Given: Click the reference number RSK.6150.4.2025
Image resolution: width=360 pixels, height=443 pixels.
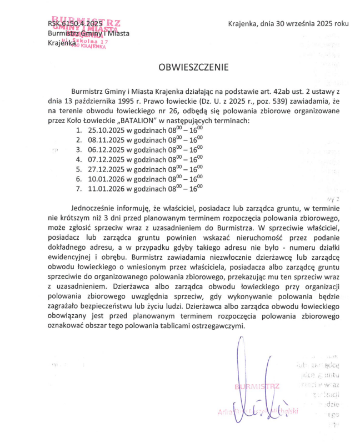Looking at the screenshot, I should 75,24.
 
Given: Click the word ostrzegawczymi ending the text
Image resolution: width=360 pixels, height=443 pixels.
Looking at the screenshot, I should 217,325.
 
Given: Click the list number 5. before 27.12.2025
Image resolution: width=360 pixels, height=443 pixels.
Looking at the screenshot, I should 79,169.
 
